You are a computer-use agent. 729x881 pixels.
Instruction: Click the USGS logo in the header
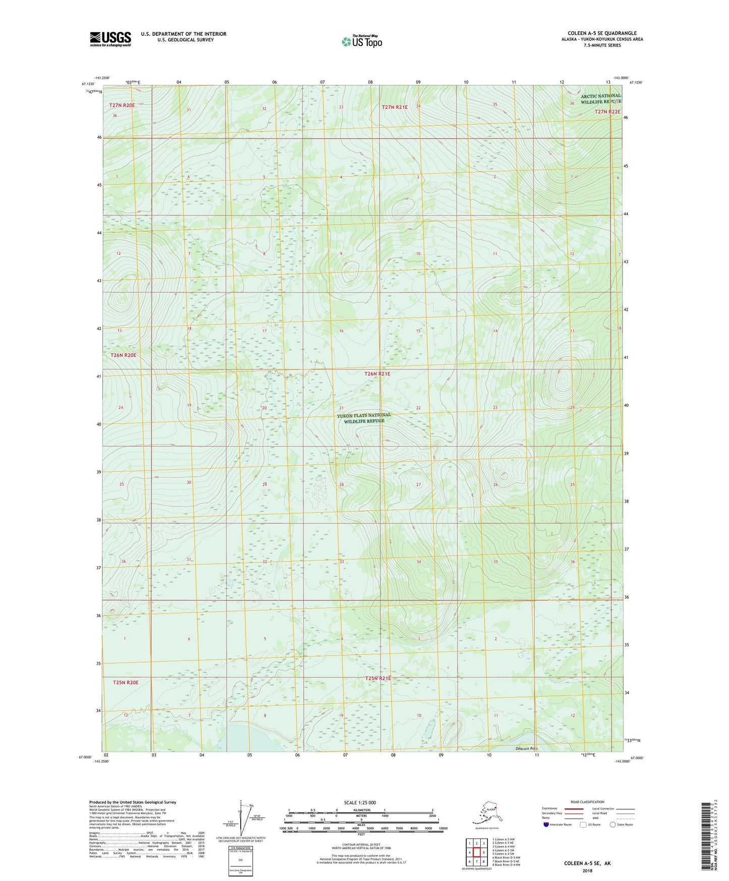point(110,39)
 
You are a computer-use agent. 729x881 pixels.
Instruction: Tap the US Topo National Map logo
point(362,41)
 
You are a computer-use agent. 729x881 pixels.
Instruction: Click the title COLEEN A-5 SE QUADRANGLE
point(602,33)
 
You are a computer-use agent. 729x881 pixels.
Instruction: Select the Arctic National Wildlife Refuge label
point(600,99)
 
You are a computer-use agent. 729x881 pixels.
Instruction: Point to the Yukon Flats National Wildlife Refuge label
point(364,418)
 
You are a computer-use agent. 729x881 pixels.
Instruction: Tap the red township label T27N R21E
point(395,107)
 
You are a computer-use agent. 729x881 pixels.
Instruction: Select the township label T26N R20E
point(123,355)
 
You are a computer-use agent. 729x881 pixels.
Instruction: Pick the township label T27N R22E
point(607,112)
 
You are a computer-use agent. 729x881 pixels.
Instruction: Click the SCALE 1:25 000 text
point(360,802)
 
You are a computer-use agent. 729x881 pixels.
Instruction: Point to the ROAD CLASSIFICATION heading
point(587,802)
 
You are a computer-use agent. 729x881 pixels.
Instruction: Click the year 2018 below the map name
point(587,870)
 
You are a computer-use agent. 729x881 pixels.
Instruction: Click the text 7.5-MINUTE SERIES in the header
point(602,45)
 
